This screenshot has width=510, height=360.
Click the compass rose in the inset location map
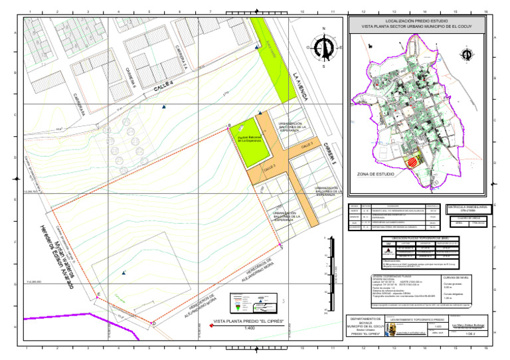pyautogui.click(x=465, y=54)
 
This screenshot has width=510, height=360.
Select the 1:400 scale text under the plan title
pyautogui.click(x=250, y=328)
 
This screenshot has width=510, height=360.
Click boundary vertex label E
pyautogui.click(x=98, y=294)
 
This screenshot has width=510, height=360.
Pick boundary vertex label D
pyautogui.click(x=154, y=323)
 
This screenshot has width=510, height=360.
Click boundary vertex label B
pyautogui.click(x=228, y=126)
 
